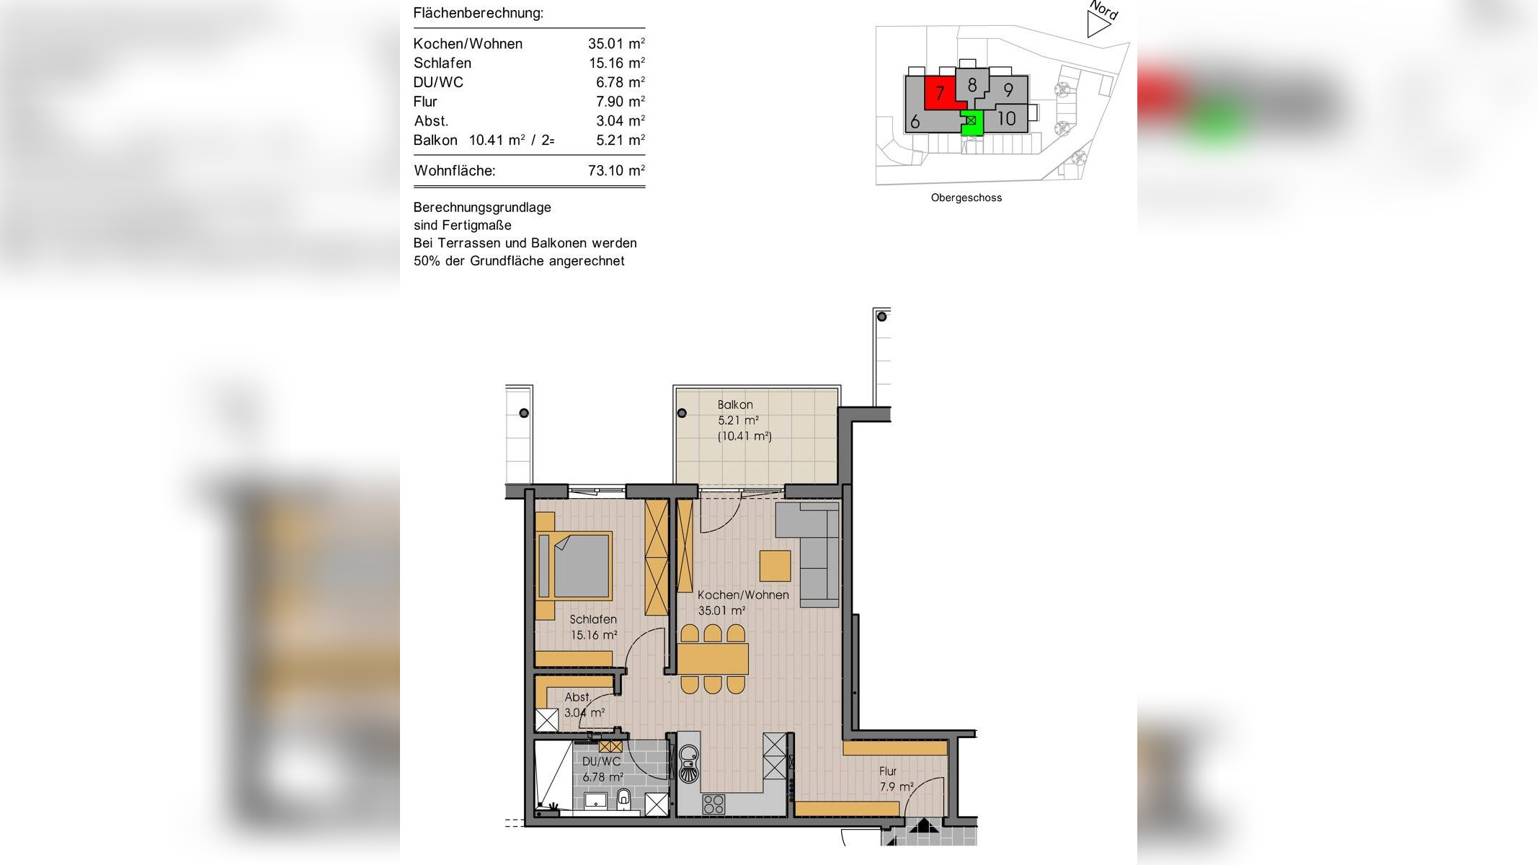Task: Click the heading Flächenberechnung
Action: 478,13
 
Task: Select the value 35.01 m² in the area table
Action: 615,44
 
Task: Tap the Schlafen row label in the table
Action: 442,63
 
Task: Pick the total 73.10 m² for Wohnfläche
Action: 615,171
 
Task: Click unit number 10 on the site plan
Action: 1006,118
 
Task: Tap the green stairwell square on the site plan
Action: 972,121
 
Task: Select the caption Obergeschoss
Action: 966,198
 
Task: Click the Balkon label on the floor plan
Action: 735,405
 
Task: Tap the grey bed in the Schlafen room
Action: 577,566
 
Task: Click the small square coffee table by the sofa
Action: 775,566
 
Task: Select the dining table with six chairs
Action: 712,659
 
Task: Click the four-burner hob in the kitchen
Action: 714,804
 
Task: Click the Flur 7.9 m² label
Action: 895,779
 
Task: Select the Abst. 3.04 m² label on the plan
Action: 582,705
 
